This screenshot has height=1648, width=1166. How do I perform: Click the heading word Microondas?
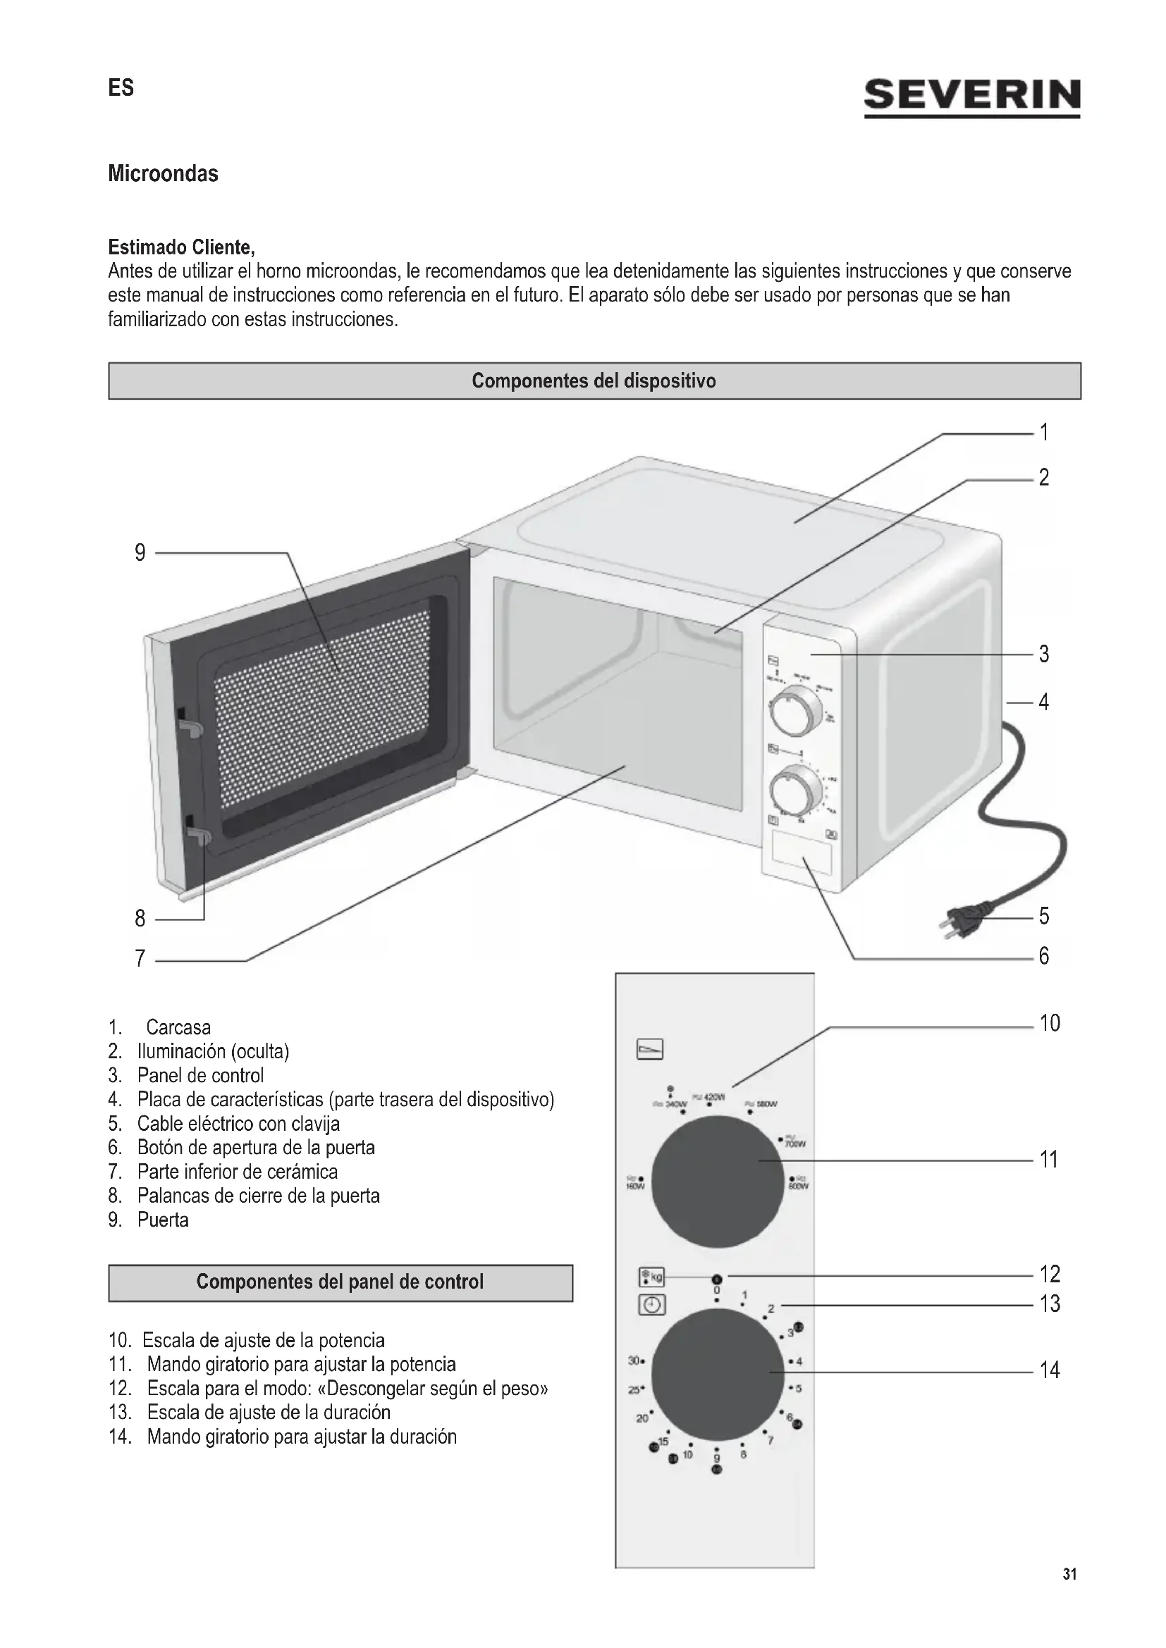click(163, 174)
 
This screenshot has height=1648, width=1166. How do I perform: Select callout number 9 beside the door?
click(140, 552)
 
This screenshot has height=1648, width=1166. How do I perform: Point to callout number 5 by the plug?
click(1044, 916)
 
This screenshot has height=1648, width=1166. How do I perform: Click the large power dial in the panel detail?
click(717, 1181)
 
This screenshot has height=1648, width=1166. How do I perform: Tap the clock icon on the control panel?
click(651, 1304)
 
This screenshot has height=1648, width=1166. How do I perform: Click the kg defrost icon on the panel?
click(651, 1277)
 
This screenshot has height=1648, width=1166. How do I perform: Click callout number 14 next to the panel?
click(1049, 1370)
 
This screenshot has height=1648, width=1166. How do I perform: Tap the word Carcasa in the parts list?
click(178, 1027)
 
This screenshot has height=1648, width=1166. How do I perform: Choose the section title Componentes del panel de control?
click(340, 1282)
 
